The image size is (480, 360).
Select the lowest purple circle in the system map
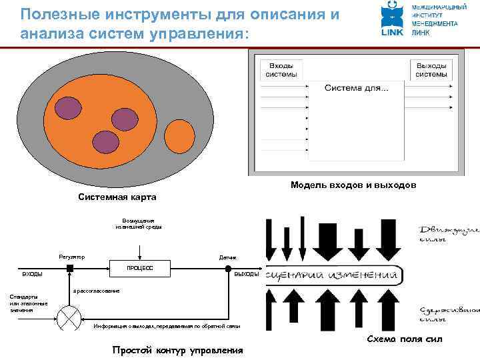[x=104, y=141]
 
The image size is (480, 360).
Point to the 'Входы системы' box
[x=283, y=70]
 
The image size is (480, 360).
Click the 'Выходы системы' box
[x=431, y=70]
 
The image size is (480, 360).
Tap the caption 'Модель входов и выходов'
[x=353, y=185]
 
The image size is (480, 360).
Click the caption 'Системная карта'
[x=117, y=197]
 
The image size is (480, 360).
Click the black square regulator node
[x=69, y=268]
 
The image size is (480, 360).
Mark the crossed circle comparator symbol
[x=69, y=318]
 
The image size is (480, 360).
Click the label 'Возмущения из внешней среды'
[x=139, y=223]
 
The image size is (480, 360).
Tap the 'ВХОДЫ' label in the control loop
[x=33, y=274]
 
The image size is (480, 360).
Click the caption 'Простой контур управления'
[x=177, y=351]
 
